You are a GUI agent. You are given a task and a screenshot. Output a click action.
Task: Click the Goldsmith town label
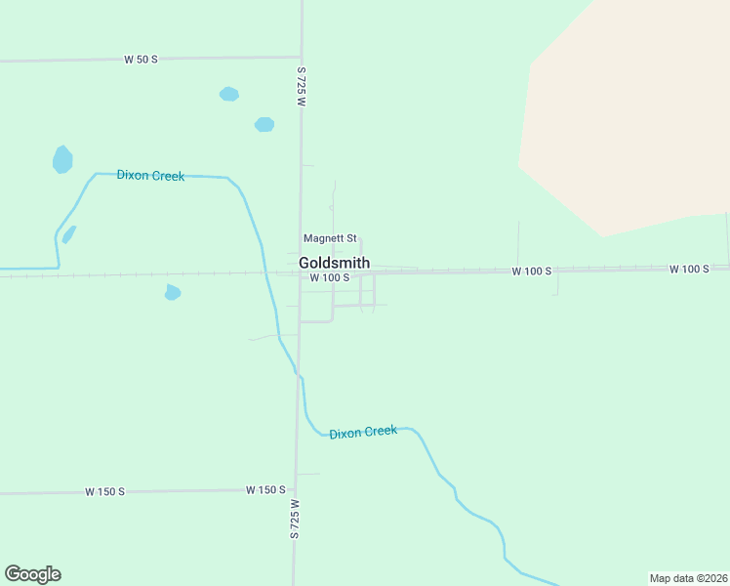tap(334, 263)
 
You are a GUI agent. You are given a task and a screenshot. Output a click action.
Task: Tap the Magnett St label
tap(330, 238)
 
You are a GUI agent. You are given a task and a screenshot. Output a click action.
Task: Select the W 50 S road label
tap(141, 60)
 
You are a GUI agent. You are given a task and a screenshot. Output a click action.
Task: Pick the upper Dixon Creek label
tap(150, 176)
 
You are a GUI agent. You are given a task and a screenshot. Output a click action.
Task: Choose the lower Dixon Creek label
tap(363, 432)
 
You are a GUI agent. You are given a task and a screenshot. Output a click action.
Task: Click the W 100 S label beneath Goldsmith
tap(329, 277)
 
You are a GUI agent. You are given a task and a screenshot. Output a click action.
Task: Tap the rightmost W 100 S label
tap(689, 269)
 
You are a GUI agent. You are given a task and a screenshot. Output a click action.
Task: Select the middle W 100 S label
tap(532, 271)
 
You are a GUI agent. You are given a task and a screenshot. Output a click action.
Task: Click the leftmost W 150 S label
tap(104, 491)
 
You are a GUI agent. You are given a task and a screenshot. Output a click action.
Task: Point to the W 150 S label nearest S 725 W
tap(265, 489)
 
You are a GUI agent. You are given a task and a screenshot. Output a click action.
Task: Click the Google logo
tap(32, 574)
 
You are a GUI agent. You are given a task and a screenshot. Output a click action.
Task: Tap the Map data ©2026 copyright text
tap(687, 578)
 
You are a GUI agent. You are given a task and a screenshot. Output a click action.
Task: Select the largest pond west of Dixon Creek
tap(62, 159)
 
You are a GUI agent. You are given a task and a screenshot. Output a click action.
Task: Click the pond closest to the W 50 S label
tap(229, 95)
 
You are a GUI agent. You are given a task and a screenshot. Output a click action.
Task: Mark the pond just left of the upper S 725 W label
tap(264, 124)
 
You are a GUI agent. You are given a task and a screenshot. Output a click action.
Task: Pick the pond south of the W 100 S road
tap(173, 292)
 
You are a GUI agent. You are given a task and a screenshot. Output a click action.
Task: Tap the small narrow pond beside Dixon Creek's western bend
tap(68, 234)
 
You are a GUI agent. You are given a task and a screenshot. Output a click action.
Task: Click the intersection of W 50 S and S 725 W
tap(302, 57)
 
